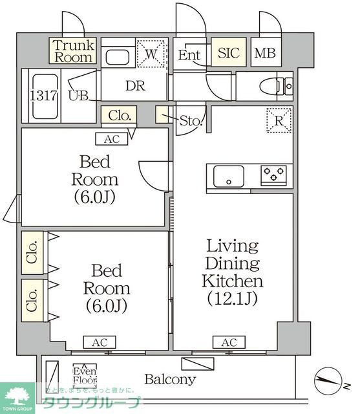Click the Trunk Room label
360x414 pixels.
[x=73, y=50]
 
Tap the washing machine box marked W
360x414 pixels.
[x=152, y=54]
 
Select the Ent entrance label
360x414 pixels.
[x=189, y=55]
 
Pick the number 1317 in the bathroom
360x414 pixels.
[x=42, y=94]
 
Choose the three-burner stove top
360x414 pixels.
[x=274, y=175]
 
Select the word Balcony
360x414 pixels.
[x=169, y=379]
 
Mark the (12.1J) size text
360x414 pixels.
[x=232, y=299]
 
